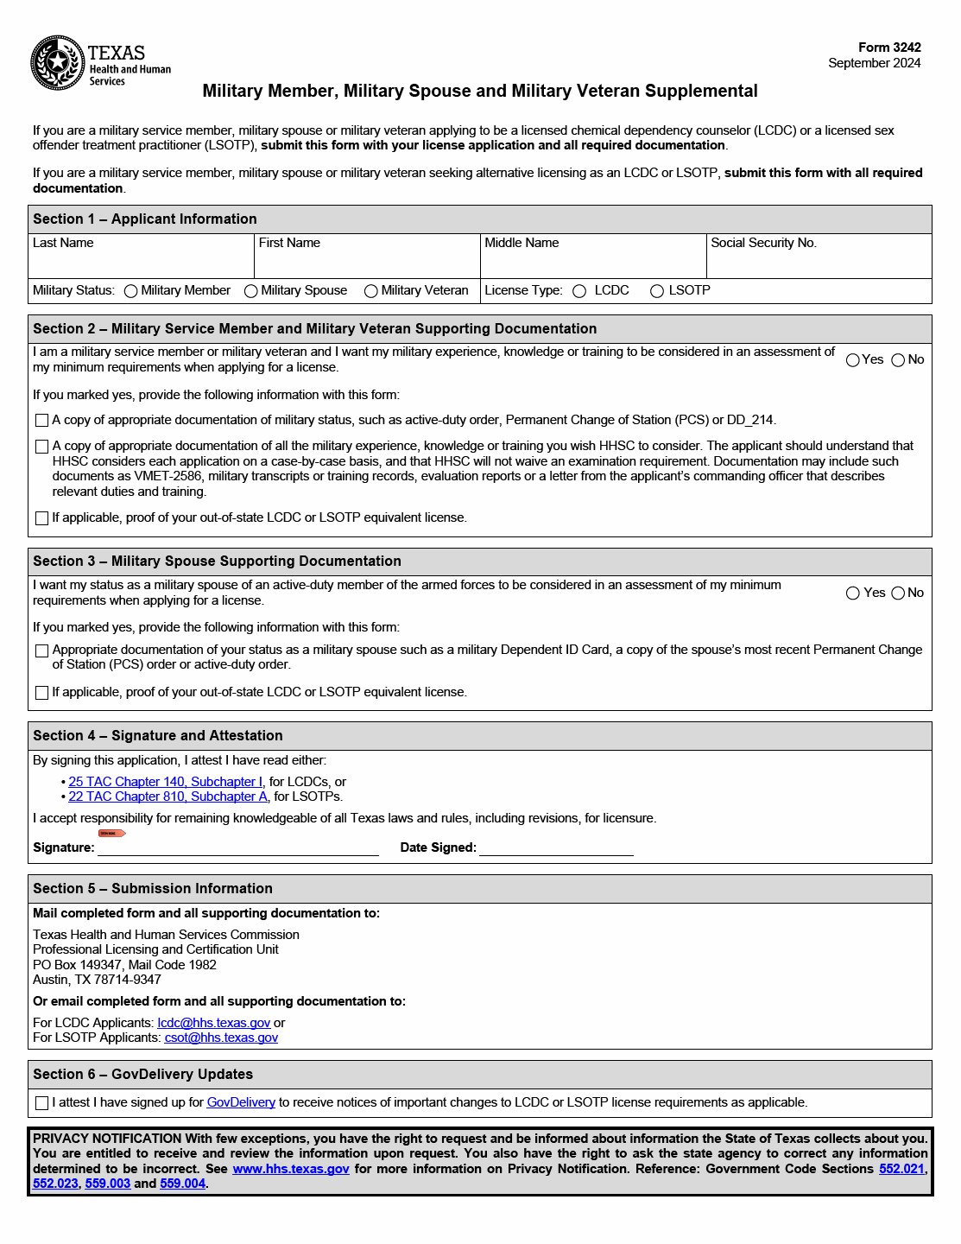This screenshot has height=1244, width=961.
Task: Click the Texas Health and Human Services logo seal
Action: click(57, 63)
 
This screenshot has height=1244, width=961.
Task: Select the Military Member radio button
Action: click(131, 291)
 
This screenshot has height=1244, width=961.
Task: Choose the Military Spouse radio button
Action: click(251, 291)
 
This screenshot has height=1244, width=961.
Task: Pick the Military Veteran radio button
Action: click(371, 291)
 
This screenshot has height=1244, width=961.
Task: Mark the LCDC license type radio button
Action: click(579, 291)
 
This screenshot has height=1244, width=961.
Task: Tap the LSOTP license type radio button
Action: click(657, 291)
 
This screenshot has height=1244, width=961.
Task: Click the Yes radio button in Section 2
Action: click(853, 360)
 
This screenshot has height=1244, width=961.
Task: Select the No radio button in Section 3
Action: click(898, 593)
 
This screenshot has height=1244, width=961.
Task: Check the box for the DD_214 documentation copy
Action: click(41, 421)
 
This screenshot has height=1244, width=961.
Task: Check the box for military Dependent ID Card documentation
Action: click(41, 651)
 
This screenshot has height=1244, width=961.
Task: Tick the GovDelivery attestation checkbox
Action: click(41, 1103)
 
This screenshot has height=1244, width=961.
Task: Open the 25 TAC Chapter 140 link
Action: click(166, 782)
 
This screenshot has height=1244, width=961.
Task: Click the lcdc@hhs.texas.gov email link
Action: click(214, 1023)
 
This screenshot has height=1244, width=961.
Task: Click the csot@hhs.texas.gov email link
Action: click(221, 1038)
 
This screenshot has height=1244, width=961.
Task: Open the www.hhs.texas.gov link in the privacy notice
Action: click(291, 1169)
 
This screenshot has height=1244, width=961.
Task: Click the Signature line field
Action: click(238, 847)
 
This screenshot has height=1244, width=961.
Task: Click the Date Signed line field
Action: click(556, 847)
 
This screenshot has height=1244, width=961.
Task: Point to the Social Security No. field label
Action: click(763, 243)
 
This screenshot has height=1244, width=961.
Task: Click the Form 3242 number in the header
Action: click(889, 48)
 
